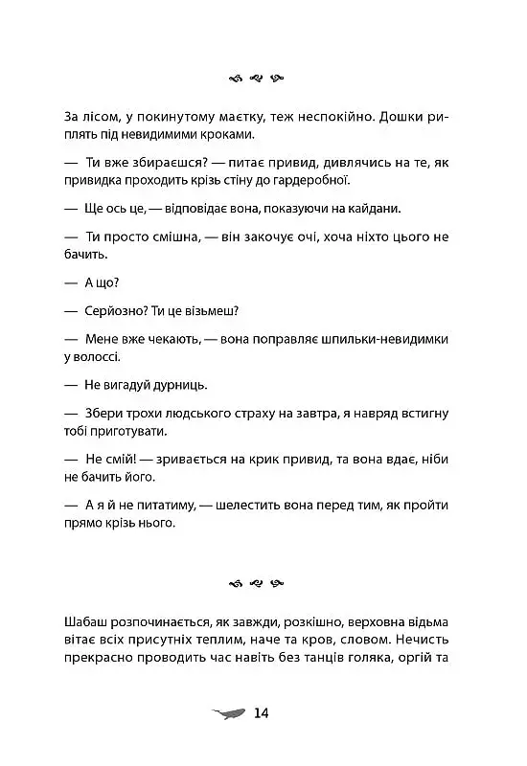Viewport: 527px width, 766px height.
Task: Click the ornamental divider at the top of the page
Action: [263, 79]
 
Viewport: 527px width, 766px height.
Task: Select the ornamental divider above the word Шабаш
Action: [263, 581]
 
